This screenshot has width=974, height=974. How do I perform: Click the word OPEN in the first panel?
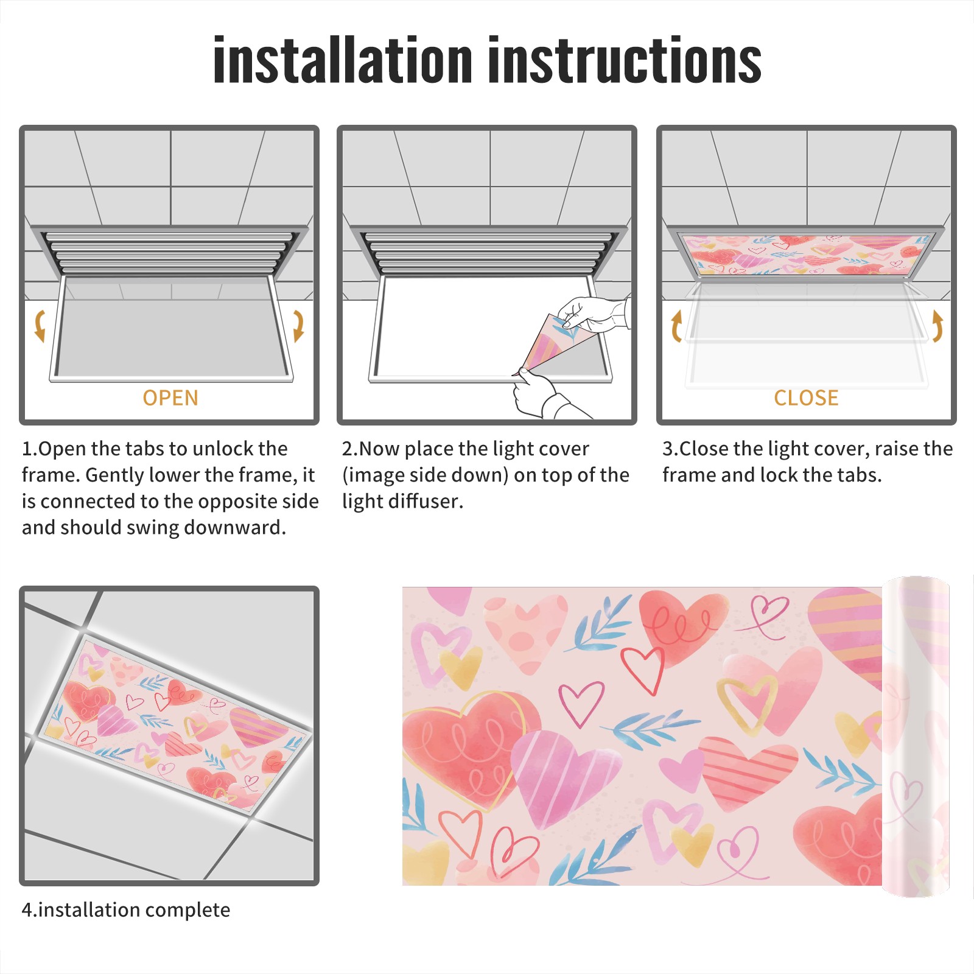[170, 398]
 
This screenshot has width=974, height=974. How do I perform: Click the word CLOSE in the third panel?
[806, 398]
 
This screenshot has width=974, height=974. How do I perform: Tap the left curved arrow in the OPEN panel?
[40, 326]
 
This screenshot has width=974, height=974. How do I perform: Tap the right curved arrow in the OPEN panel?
[298, 326]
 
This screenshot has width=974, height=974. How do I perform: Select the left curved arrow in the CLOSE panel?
[676, 326]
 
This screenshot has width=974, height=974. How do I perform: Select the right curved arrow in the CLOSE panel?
[937, 326]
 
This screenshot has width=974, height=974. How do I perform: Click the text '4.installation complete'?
[126, 909]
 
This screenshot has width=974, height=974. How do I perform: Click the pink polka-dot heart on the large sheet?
[525, 633]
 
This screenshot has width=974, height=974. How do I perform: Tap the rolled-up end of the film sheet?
[916, 736]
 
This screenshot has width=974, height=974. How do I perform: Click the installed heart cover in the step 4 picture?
[177, 724]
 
